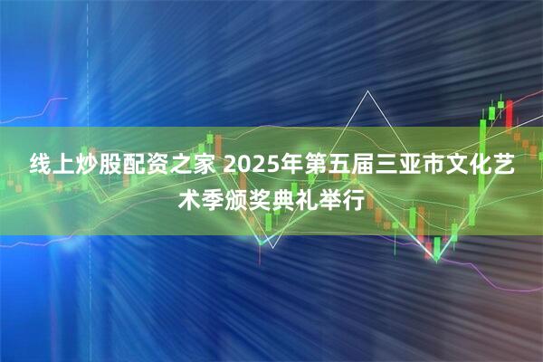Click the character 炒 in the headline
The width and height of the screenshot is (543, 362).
pyautogui.click(x=90, y=167)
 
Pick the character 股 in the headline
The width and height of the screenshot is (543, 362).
pyautogui.click(x=113, y=167)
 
